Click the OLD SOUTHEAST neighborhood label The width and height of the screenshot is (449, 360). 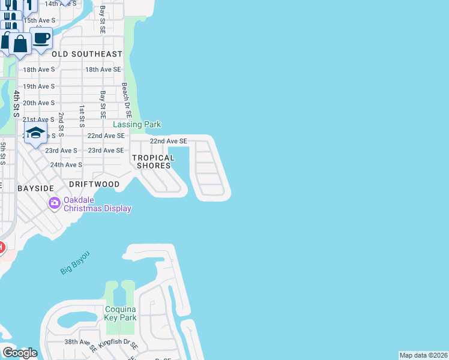pyautogui.click(x=86, y=54)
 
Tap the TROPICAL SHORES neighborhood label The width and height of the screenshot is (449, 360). pyautogui.click(x=155, y=162)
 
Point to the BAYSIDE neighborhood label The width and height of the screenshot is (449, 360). pyautogui.click(x=36, y=188)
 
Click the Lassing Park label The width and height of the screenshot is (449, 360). pyautogui.click(x=137, y=125)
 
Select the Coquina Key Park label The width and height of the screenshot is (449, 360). pyautogui.click(x=120, y=314)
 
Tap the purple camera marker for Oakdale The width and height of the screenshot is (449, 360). pyautogui.click(x=55, y=203)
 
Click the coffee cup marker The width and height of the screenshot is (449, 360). pyautogui.click(x=41, y=38)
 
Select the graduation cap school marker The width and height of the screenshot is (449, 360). pyautogui.click(x=35, y=133)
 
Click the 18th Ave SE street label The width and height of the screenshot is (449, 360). pyautogui.click(x=103, y=70)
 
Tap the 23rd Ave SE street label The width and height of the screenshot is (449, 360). pyautogui.click(x=106, y=151)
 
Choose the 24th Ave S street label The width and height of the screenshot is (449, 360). pyautogui.click(x=66, y=165)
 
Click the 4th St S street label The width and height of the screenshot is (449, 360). pyautogui.click(x=17, y=104)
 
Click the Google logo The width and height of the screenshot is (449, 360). pyautogui.click(x=20, y=353)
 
